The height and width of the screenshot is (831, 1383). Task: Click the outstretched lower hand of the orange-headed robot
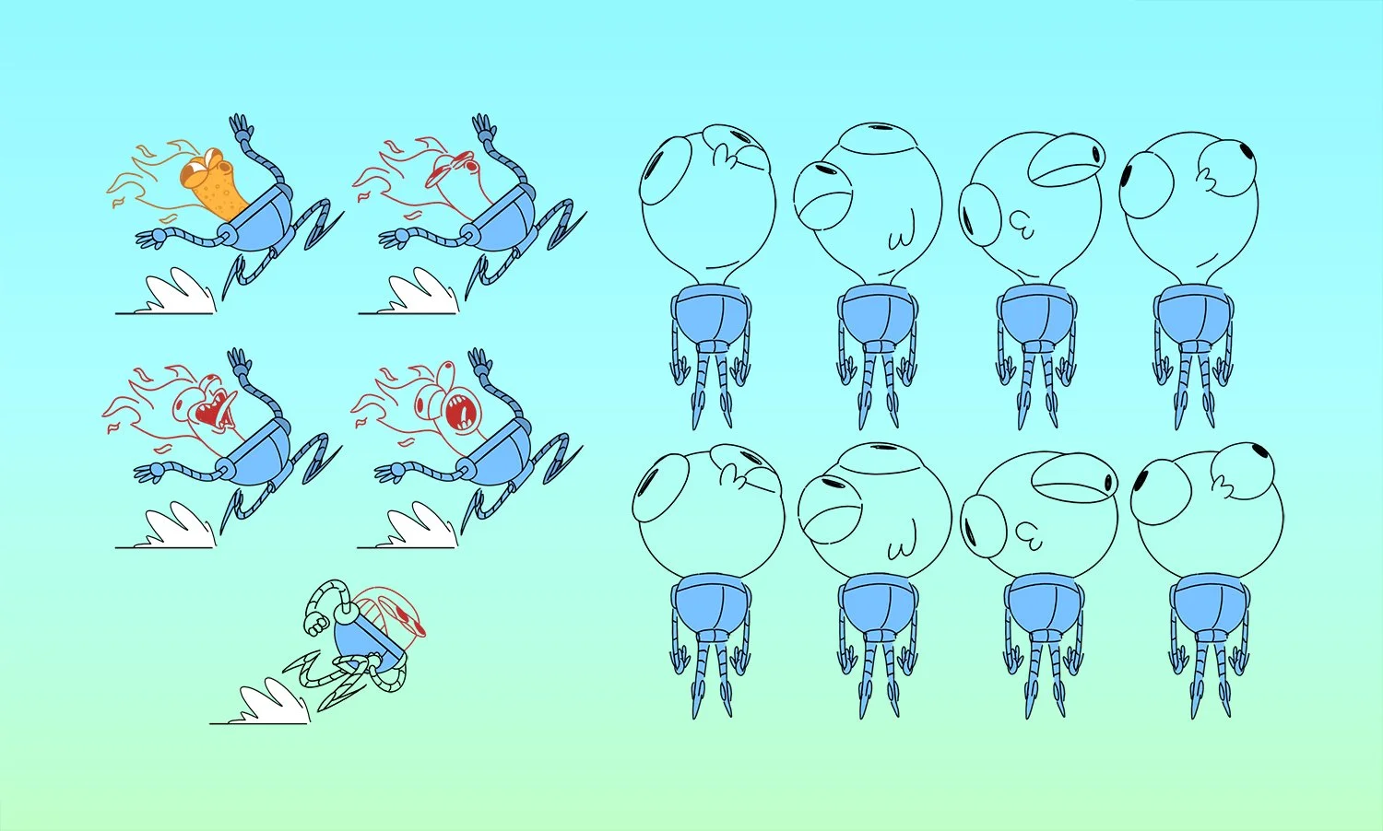[150, 239]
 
